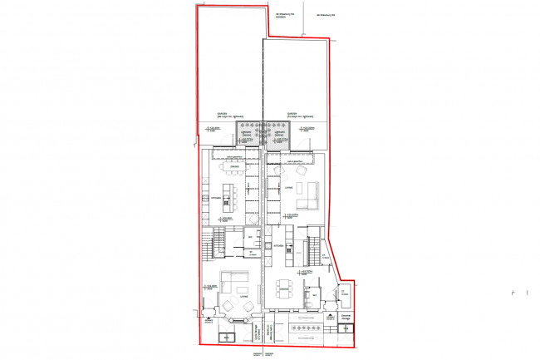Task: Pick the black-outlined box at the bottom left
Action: [225, 337]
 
